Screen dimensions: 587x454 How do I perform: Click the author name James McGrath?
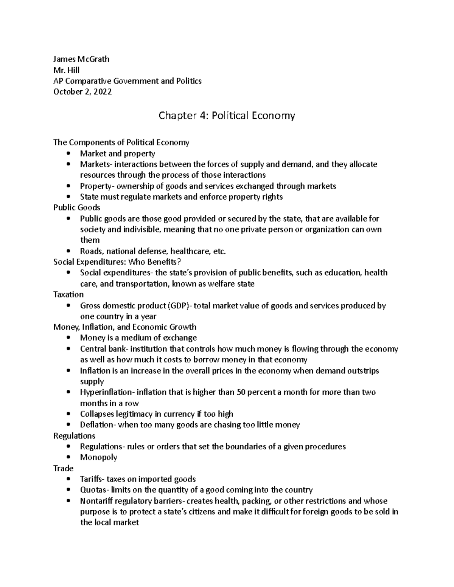[x=81, y=59]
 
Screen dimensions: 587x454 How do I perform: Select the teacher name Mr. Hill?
[x=67, y=70]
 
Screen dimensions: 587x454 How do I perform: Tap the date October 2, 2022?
[x=82, y=92]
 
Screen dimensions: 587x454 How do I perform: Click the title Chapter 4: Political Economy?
[x=226, y=115]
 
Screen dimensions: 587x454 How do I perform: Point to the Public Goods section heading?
[x=77, y=208]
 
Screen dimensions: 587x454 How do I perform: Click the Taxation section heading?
[x=68, y=294]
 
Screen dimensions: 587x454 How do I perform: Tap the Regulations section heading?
[x=74, y=436]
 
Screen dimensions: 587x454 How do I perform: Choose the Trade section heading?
[x=63, y=468]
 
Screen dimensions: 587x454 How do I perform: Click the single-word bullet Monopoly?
[x=98, y=457]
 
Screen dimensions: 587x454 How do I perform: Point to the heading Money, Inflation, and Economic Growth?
[x=125, y=327]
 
